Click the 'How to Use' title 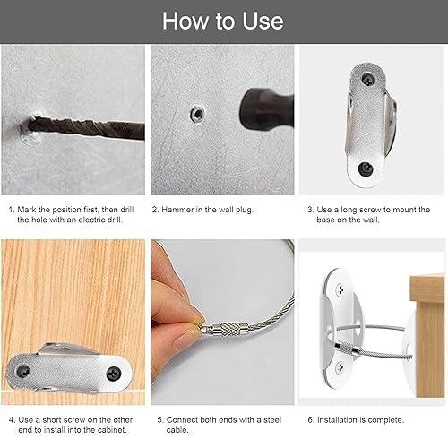click(x=223, y=22)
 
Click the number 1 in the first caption click(x=12, y=210)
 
